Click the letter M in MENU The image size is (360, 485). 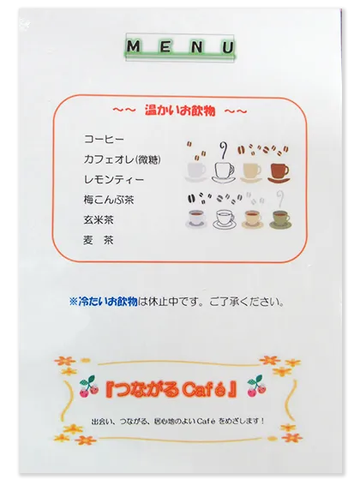(135, 45)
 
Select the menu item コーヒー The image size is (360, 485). (105, 139)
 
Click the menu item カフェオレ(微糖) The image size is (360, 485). (122, 159)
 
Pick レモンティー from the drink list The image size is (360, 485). (114, 180)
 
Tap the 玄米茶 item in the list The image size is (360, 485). (99, 220)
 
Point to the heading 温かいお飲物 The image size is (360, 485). (181, 111)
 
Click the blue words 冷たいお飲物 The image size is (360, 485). (108, 302)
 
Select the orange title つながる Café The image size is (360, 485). (180, 387)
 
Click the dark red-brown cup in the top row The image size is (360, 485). (279, 171)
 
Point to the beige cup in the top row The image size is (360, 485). (251, 171)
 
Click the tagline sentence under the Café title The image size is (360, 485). (181, 420)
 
